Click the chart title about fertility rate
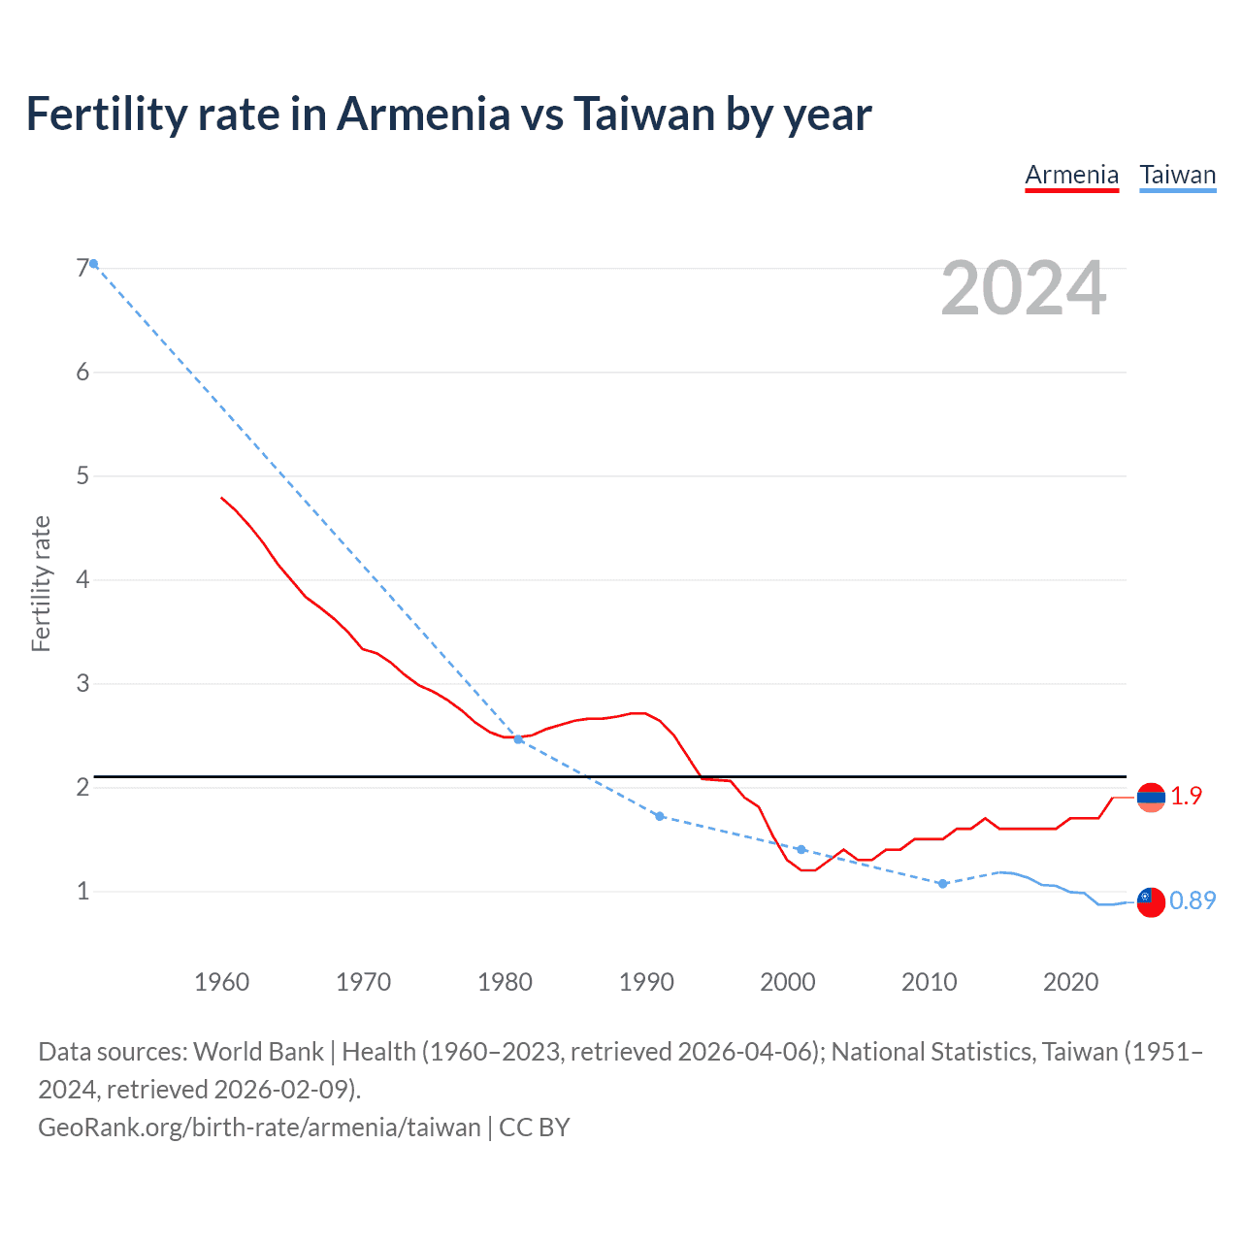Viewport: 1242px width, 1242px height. [448, 114]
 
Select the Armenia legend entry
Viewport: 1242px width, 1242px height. [1071, 175]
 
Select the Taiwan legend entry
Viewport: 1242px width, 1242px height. [1177, 175]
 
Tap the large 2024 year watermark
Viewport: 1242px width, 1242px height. [1023, 288]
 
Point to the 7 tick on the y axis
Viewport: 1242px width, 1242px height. [82, 268]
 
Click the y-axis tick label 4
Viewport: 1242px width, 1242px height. [82, 579]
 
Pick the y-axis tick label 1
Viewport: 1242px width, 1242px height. [82, 891]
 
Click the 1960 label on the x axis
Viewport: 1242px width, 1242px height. [221, 982]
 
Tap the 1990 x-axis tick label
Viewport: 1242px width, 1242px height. [646, 982]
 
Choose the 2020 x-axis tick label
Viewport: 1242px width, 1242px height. [1070, 982]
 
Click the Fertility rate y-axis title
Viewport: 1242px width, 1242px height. [41, 583]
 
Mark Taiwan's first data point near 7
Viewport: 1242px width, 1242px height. [93, 264]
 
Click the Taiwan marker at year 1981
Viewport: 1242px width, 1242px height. [518, 739]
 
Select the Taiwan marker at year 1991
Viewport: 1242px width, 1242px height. [660, 816]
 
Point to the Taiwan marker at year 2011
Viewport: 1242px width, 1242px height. [942, 884]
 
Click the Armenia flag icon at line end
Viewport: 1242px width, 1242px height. [1151, 798]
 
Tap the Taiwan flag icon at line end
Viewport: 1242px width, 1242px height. [1151, 901]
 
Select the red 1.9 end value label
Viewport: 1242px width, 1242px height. [1186, 796]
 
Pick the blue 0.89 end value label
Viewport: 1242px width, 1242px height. [1193, 900]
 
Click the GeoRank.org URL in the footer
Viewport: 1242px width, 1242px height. [259, 1127]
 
